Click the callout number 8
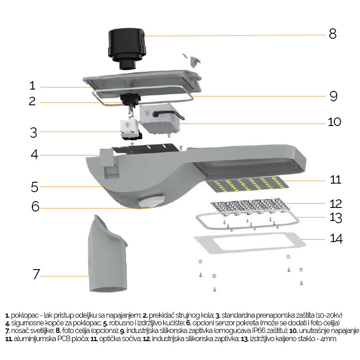coord(333,34)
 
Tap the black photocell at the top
coord(127,49)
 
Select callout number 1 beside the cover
coord(32,85)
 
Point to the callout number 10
coord(334,122)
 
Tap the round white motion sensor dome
coord(151,202)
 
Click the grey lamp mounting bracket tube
coord(108,253)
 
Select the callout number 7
coord(36,274)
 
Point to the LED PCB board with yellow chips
coord(247,184)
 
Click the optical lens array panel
coord(250,207)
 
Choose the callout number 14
coord(336,238)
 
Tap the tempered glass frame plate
coord(250,243)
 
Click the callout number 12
coord(336,204)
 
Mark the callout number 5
coord(35,187)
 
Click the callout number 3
coord(33,133)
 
